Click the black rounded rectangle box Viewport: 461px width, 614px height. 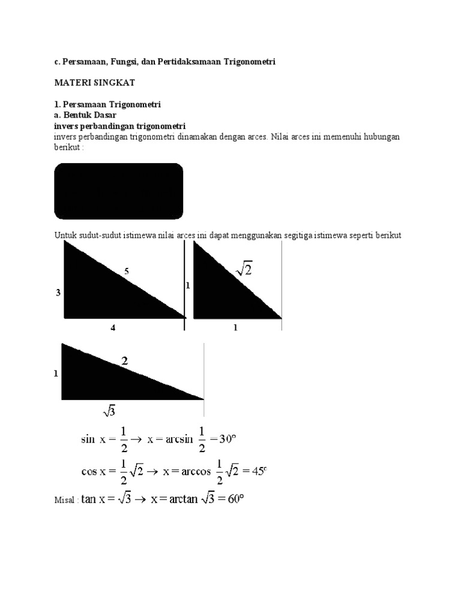point(119,191)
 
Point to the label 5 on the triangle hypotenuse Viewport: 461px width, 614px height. point(127,272)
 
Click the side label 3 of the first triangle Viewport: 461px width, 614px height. point(58,293)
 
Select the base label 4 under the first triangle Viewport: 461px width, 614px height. point(112,329)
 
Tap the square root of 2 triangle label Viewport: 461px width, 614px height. point(244,271)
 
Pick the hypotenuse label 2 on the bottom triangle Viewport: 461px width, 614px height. point(125,361)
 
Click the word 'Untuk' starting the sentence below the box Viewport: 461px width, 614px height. point(64,236)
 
